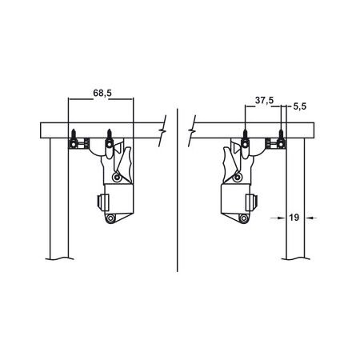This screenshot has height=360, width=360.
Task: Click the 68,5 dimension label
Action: coord(102,93)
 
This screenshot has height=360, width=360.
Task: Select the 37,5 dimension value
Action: coord(264,101)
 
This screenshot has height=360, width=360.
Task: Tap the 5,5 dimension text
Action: coord(300,106)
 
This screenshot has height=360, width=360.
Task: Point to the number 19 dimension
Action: coord(294,218)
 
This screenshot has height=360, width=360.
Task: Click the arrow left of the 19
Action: coord(278,218)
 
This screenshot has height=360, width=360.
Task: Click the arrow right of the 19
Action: coord(310,218)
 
